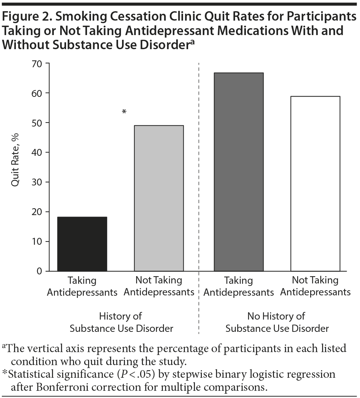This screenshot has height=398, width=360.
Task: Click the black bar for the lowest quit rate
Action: pos(82,244)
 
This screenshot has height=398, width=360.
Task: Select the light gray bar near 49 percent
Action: pos(159,198)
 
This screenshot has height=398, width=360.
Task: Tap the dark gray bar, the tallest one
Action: pos(239,172)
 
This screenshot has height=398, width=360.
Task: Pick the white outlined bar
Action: pos(315,184)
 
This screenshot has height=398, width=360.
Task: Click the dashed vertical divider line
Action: pos(199,181)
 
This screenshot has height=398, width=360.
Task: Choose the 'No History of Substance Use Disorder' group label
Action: pos(277,322)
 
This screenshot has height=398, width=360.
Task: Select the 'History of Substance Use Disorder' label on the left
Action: pos(121,322)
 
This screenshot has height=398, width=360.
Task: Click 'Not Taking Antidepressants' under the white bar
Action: pos(315,286)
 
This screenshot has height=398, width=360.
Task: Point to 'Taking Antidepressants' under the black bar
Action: pos(82,286)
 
